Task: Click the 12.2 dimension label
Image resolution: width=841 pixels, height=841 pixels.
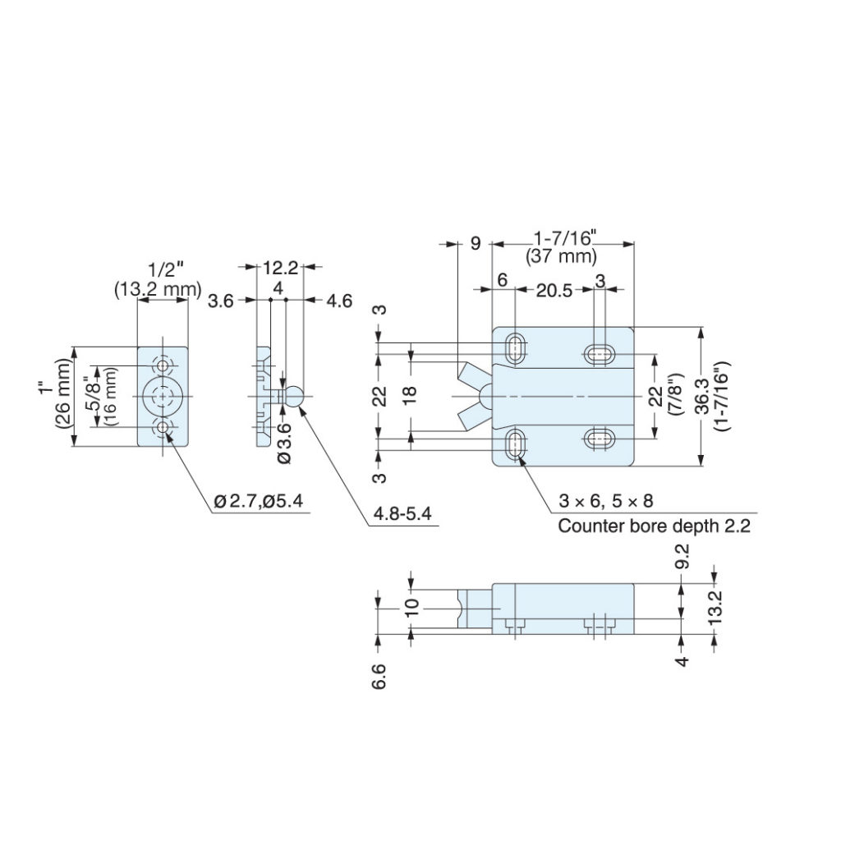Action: (x=280, y=268)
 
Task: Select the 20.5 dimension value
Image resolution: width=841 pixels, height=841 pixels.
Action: (x=554, y=291)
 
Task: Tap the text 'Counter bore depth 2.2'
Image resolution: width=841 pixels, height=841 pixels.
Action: (x=654, y=526)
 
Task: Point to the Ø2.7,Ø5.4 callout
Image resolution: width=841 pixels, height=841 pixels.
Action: (x=259, y=501)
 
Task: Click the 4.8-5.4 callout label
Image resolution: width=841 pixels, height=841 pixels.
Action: (x=402, y=514)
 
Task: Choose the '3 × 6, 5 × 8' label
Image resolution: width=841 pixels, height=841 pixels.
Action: (x=605, y=501)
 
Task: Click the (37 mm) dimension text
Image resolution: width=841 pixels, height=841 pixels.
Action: (x=561, y=256)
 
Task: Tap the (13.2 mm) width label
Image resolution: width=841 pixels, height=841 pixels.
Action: (x=158, y=290)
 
